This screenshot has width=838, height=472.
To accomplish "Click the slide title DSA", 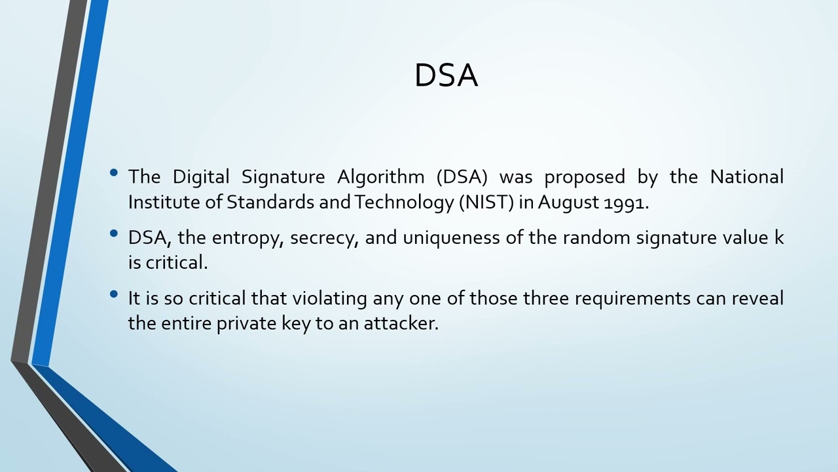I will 446,75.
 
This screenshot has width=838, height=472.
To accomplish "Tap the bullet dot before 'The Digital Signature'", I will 115,173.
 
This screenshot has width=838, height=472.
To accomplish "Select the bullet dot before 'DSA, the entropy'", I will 115,233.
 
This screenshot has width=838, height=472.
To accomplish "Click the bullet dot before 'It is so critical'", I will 115,294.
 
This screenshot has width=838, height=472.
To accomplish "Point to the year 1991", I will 625,203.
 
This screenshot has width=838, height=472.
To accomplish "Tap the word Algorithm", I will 380,177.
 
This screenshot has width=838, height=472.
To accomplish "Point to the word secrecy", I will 323,238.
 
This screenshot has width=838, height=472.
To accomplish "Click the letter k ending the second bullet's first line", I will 779,237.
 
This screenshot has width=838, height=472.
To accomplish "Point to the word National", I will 746,177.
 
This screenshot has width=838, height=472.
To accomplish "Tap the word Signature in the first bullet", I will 283,177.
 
